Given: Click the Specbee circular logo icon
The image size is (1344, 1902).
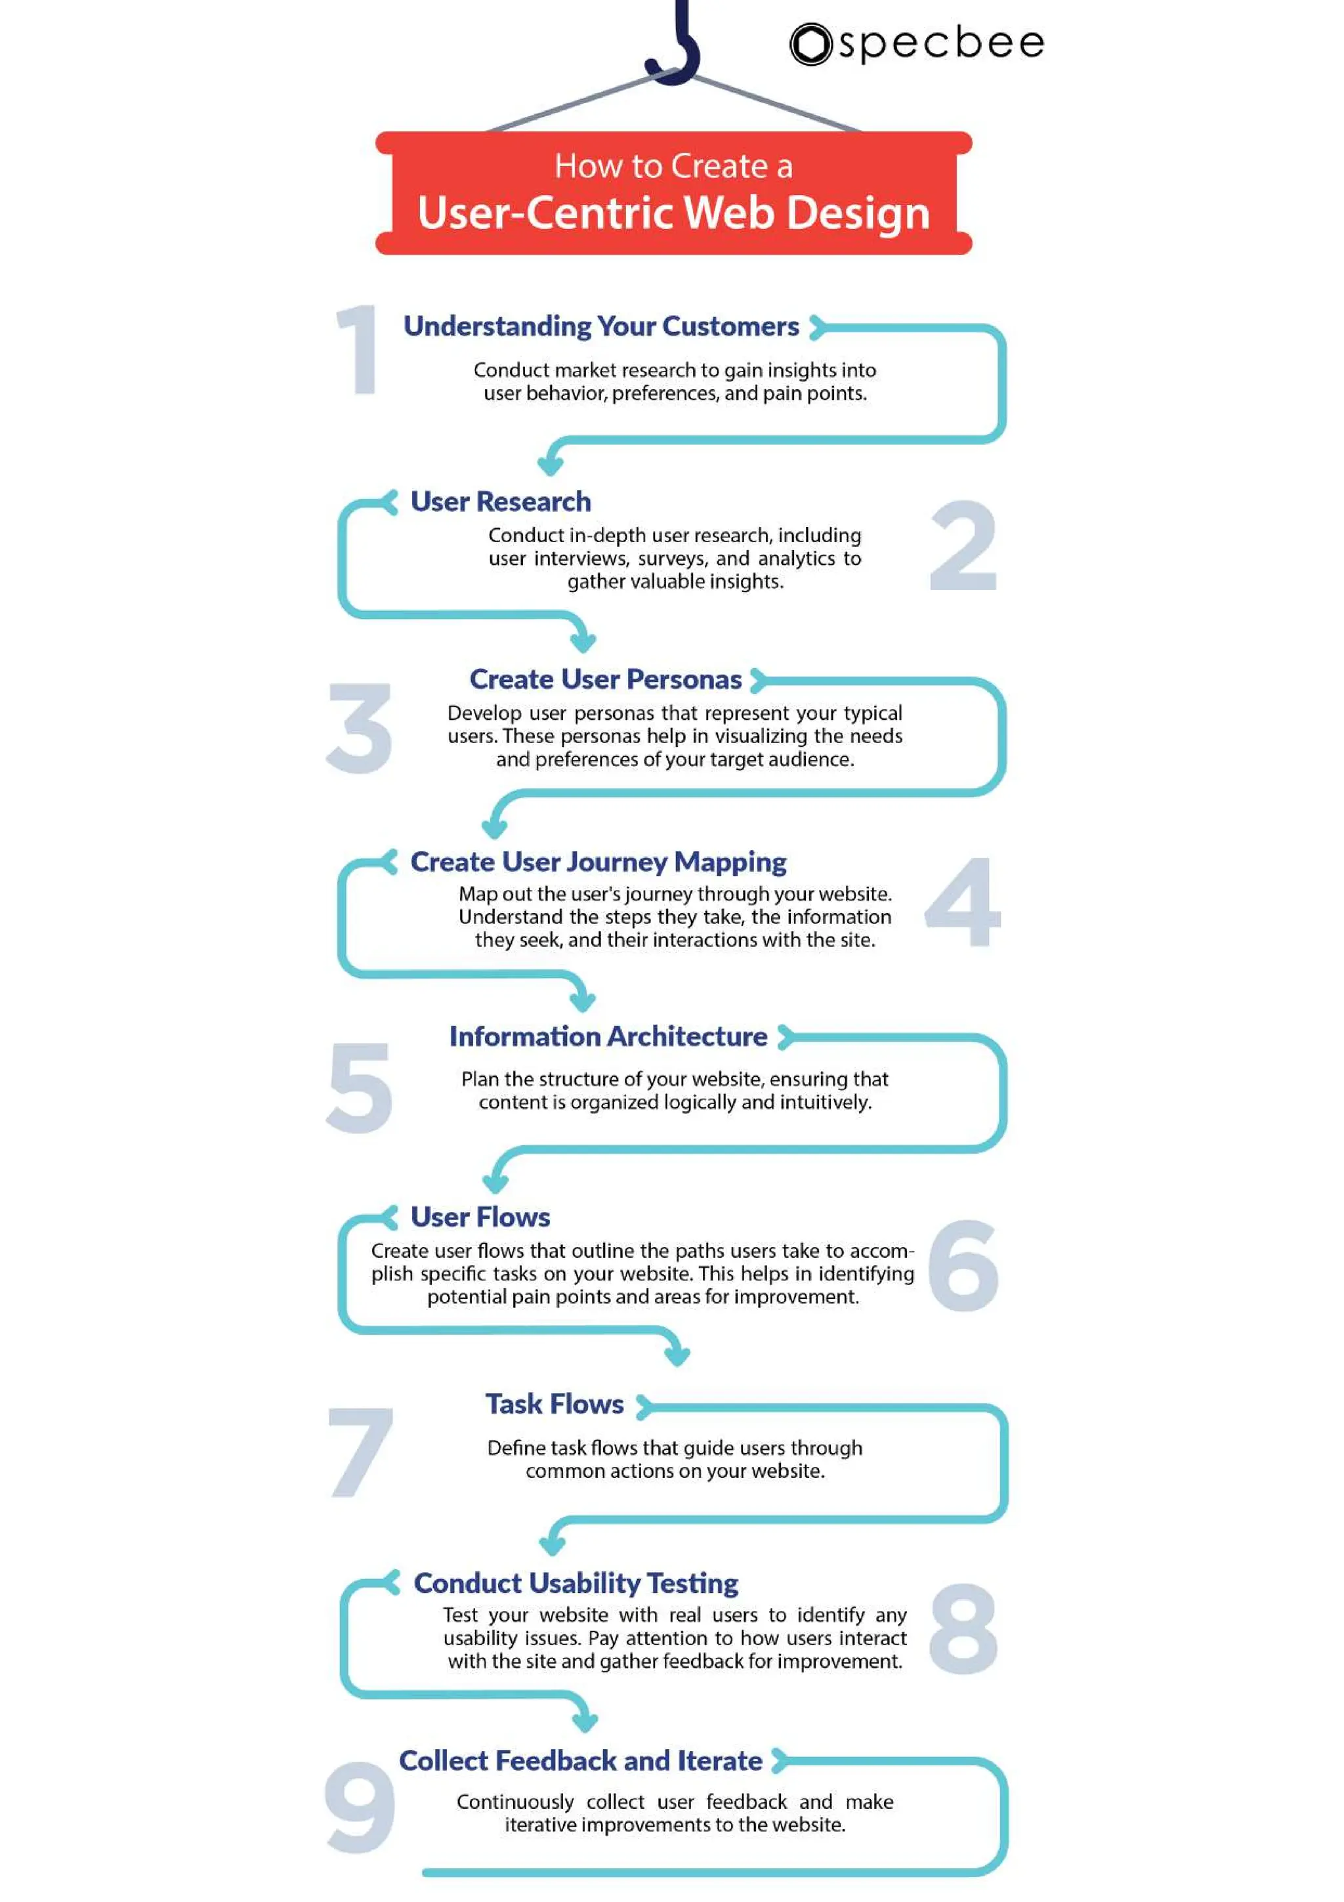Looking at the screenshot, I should point(810,44).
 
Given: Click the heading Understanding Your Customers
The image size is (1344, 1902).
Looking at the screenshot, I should point(601,326).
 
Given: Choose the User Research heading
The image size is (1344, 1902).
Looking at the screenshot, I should point(501,501).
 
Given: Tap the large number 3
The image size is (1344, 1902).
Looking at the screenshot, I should point(360,729).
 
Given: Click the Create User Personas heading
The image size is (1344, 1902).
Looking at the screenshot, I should point(605,679).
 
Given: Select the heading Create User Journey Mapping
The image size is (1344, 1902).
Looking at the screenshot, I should point(598,862).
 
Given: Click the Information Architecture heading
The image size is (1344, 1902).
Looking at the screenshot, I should point(608,1036).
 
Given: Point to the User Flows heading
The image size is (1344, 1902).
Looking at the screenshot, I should point(480,1217).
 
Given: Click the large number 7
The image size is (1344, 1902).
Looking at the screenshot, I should point(360,1452).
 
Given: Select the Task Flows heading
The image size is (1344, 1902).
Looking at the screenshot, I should point(555,1404).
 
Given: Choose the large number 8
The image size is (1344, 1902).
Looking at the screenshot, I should point(963,1628).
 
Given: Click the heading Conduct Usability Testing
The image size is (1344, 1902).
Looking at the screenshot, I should point(576,1583).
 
